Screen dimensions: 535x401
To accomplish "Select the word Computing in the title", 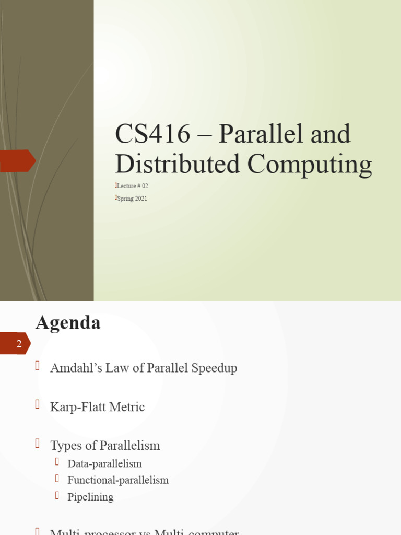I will [310, 164].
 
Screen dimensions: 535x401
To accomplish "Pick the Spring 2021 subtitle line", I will [132, 199].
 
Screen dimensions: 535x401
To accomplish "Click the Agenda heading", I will [68, 322].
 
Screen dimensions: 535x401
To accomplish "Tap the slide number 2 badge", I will [19, 344].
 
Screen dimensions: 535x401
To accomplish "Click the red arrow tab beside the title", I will [17, 160].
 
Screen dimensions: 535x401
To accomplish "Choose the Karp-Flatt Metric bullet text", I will [97, 407].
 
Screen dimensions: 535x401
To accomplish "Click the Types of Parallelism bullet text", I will [105, 446].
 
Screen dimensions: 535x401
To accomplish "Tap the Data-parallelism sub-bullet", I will [104, 464].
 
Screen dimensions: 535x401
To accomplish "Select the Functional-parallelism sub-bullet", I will [118, 480].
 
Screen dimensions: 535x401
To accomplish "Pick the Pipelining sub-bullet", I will [90, 497].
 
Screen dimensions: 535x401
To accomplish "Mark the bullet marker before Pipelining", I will [57, 495].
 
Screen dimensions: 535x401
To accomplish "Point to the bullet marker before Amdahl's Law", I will [38, 366].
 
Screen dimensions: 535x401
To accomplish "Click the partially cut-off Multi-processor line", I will [144, 531].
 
